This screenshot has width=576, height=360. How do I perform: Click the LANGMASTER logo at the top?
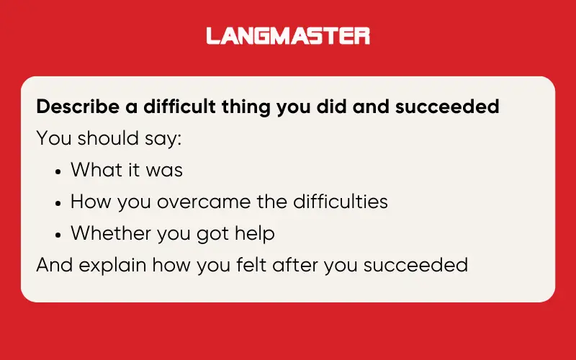tap(288, 36)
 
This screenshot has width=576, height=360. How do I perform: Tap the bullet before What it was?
tap(58, 171)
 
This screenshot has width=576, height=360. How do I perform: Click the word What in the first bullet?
tap(96, 170)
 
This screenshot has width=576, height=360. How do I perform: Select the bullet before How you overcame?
tap(58, 202)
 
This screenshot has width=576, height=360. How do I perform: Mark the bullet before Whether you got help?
tap(58, 234)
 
